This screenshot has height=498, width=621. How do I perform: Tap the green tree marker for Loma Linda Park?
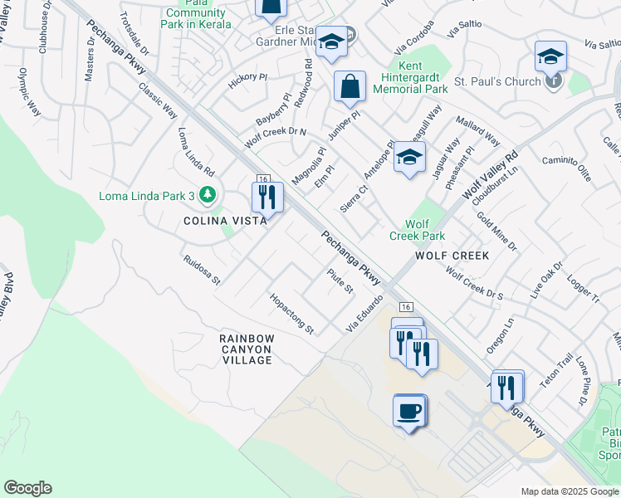coord(207,196)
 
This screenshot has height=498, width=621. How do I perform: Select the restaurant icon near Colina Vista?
coord(267,197)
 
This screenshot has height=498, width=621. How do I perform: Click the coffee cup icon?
coord(410,409)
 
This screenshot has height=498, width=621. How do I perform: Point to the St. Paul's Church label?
coord(497,83)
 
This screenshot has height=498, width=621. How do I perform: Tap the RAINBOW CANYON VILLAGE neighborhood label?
coord(247,349)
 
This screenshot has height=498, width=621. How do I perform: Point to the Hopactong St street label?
coord(291,314)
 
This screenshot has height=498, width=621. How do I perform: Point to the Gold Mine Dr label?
coord(496,231)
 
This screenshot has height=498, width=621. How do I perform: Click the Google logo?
coord(27,488)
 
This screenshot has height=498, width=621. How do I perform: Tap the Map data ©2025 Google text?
coord(568,491)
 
